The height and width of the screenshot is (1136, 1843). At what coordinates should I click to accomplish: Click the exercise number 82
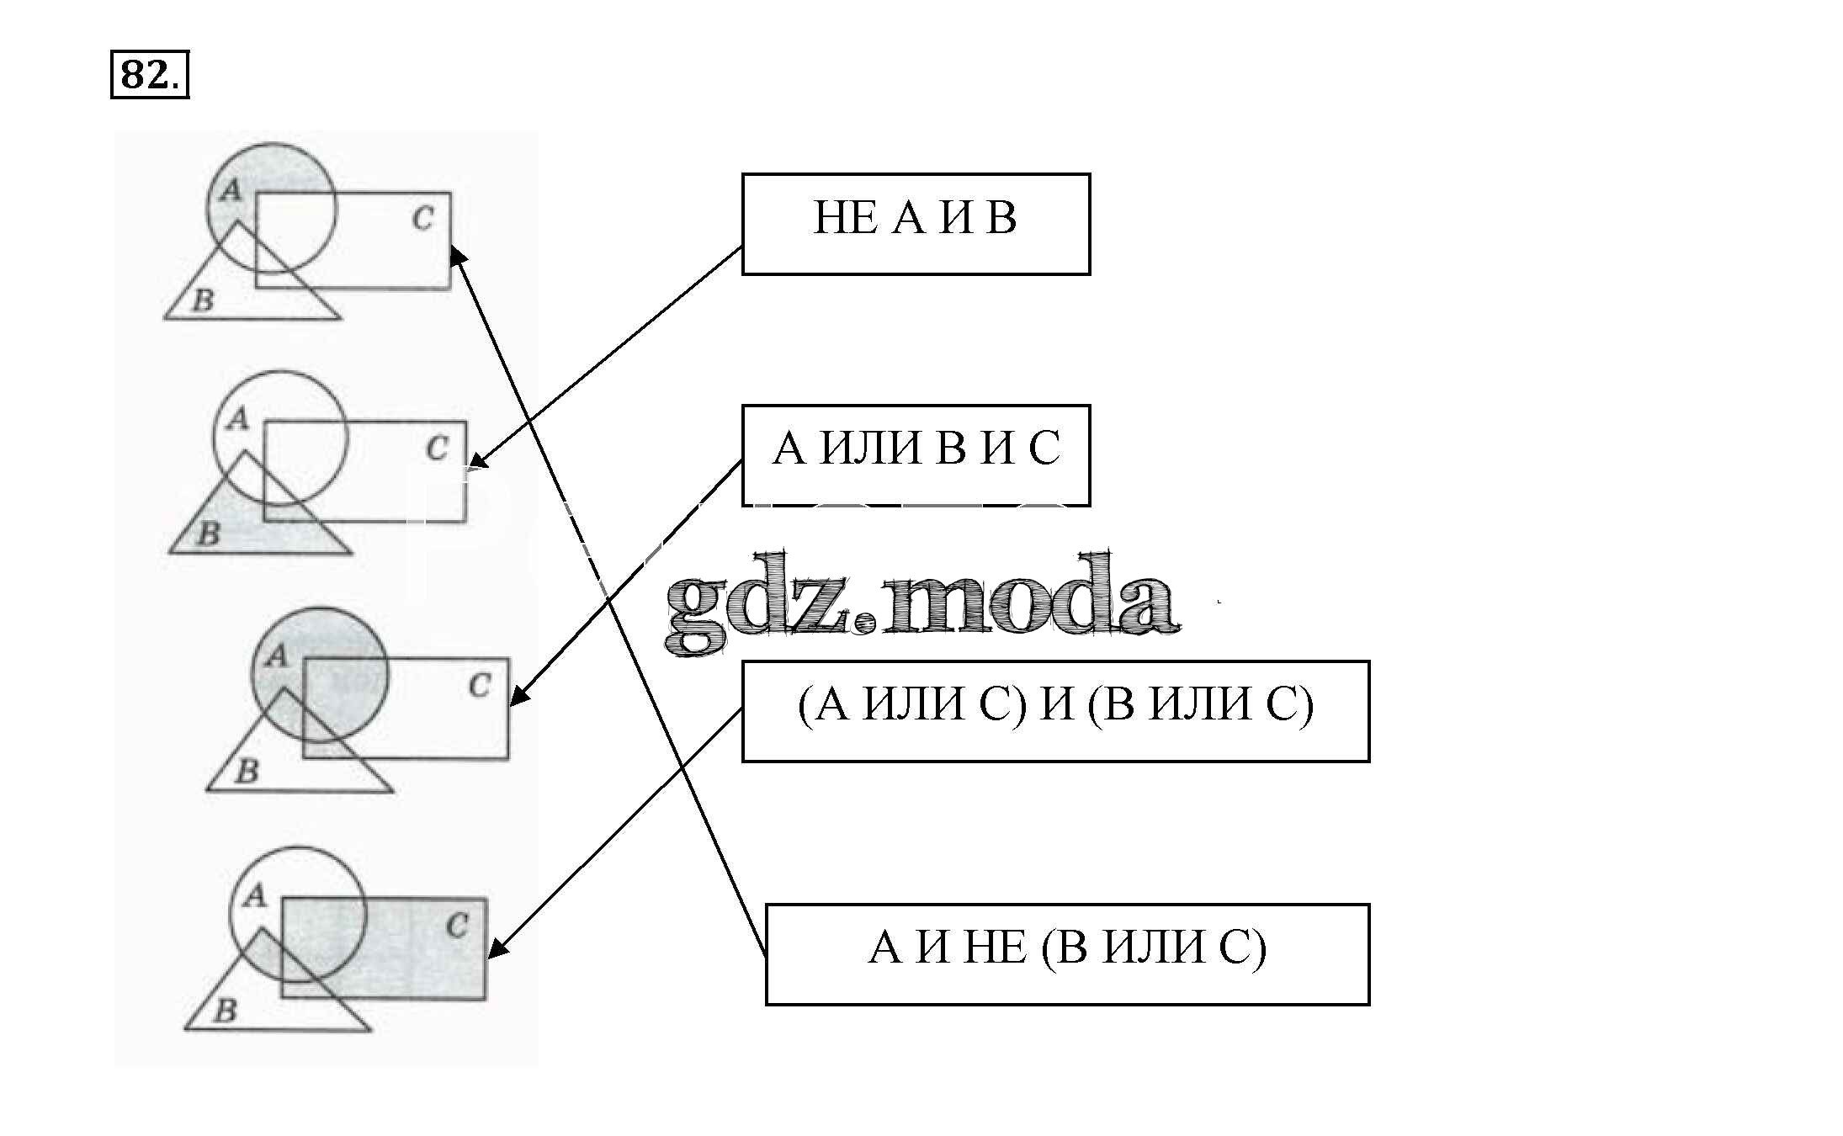pyautogui.click(x=148, y=76)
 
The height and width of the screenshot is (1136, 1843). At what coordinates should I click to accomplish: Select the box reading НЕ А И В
pyautogui.click(x=916, y=224)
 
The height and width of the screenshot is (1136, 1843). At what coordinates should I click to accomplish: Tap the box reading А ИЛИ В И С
pyautogui.click(x=916, y=454)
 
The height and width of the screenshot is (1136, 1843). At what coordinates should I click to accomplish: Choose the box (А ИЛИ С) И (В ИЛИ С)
pyautogui.click(x=1055, y=711)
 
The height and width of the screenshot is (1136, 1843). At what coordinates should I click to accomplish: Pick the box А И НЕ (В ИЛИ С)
pyautogui.click(x=1067, y=954)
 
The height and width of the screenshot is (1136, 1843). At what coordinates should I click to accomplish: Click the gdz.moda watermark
pyautogui.click(x=921, y=604)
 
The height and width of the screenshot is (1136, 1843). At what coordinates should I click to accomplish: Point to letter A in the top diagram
pyautogui.click(x=230, y=191)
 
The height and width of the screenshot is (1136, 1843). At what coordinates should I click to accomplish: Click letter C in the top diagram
pyautogui.click(x=422, y=219)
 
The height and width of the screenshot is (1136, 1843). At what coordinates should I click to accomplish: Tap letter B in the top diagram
pyautogui.click(x=203, y=300)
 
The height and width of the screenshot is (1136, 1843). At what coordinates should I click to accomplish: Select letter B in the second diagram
pyautogui.click(x=208, y=533)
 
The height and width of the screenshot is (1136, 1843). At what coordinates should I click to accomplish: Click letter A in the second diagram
pyautogui.click(x=238, y=418)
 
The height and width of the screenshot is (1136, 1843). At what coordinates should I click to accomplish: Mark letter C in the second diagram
pyautogui.click(x=437, y=448)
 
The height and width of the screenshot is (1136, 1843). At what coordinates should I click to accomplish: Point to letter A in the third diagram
pyautogui.click(x=276, y=656)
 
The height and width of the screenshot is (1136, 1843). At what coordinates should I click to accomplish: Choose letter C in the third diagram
pyautogui.click(x=479, y=686)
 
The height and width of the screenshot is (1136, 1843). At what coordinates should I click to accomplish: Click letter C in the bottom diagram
pyautogui.click(x=457, y=926)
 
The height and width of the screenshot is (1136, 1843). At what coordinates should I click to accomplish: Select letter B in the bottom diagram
pyautogui.click(x=224, y=1011)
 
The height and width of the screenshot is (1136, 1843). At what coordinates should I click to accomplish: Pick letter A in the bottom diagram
pyautogui.click(x=254, y=896)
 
